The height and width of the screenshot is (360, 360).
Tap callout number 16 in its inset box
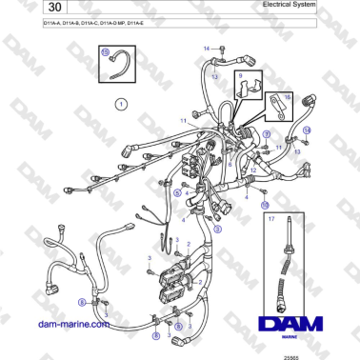tap(288, 96)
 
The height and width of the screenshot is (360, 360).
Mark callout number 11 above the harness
tap(184, 121)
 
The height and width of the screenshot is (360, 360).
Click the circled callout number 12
tap(268, 135)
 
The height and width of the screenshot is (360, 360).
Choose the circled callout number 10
tap(265, 204)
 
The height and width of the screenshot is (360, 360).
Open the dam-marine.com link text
tap(62, 324)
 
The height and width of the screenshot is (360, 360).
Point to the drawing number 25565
tap(330, 355)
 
